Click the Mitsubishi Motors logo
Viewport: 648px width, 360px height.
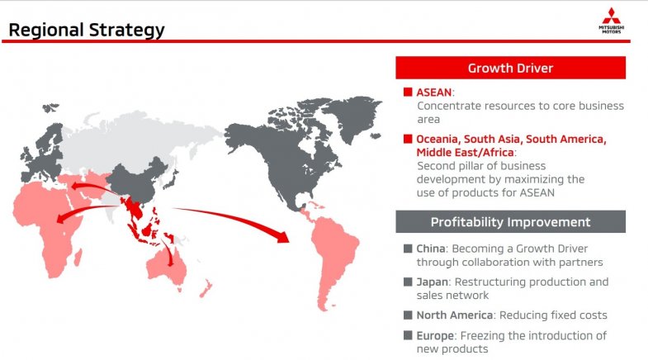click(613, 20)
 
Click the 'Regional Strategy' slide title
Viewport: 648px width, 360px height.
click(86, 31)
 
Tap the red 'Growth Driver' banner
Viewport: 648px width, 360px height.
click(510, 68)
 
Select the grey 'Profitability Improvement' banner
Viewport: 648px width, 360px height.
click(510, 222)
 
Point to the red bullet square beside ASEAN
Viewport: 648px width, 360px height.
click(408, 92)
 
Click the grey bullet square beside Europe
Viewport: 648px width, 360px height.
click(408, 335)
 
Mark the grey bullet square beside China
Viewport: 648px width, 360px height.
click(408, 249)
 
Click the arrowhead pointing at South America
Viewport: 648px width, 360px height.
click(282, 237)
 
